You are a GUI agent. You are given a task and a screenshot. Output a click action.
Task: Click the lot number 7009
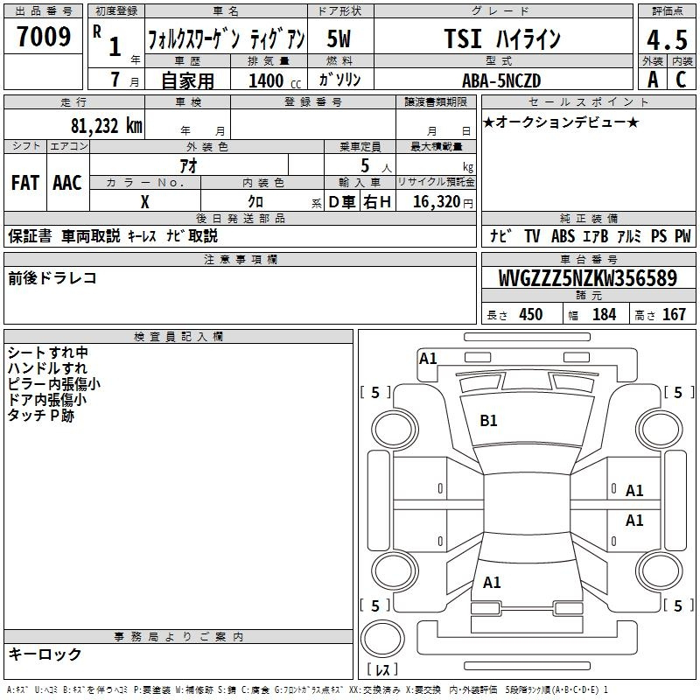click(x=44, y=37)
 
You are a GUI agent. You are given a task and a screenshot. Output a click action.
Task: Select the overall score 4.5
click(x=667, y=39)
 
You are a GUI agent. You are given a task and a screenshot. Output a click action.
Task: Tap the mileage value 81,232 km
click(x=106, y=126)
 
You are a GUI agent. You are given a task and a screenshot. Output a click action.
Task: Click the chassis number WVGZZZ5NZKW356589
click(x=587, y=278)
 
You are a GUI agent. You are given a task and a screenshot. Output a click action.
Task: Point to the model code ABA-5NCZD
click(x=501, y=80)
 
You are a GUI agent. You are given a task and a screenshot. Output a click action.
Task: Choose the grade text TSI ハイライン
click(x=502, y=38)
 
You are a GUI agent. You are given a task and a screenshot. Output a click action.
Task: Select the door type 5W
click(x=339, y=38)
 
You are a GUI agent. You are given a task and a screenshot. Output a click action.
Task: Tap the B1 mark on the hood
click(x=488, y=421)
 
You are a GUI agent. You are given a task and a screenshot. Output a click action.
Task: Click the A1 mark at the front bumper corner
click(x=428, y=359)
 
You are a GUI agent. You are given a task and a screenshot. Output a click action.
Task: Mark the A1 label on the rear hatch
click(x=492, y=583)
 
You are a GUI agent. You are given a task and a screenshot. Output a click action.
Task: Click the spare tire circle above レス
click(x=382, y=639)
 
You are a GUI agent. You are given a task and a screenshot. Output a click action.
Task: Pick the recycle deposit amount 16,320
click(x=436, y=202)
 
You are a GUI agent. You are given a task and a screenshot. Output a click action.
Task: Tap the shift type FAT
click(x=25, y=183)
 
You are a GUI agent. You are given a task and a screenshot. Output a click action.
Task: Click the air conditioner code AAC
click(x=67, y=183)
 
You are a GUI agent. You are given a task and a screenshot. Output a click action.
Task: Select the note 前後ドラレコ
click(x=52, y=278)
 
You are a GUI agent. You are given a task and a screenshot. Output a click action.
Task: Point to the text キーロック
click(x=45, y=654)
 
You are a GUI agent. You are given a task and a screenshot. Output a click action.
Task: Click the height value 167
click(x=674, y=315)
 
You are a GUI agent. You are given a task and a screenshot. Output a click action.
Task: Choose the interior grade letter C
click(x=681, y=80)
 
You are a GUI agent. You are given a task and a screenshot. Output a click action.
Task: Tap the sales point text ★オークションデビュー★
click(x=561, y=122)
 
